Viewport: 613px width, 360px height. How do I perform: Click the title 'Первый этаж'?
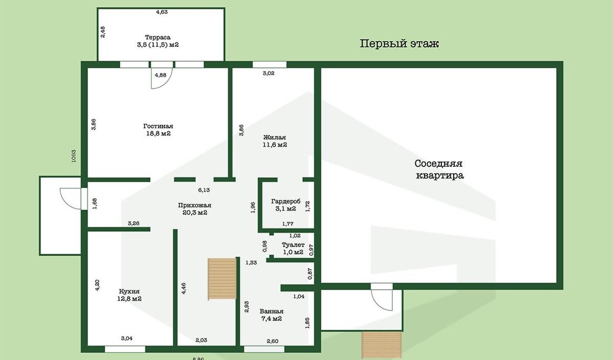(399, 43)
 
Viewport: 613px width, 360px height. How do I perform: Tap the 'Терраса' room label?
(158, 37)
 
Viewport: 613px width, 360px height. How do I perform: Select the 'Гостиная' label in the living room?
(158, 127)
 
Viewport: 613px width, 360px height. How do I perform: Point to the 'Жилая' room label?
(274, 138)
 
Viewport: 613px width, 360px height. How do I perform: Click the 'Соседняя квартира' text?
(439, 169)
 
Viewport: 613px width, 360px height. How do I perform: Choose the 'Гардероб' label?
(286, 202)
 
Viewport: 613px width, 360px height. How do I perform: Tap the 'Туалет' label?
(293, 245)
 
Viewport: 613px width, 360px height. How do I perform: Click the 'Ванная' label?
(271, 312)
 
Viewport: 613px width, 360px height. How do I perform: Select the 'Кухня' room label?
(129, 291)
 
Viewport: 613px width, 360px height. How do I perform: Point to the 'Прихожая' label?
(194, 205)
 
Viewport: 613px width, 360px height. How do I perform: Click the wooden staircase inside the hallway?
(222, 279)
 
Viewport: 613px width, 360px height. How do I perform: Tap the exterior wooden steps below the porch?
(382, 345)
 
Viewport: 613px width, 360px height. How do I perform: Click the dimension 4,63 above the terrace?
(162, 12)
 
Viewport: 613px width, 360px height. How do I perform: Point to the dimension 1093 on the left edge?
(74, 156)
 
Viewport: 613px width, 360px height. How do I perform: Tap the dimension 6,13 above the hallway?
(203, 191)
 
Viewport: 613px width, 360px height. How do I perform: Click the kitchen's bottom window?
(125, 349)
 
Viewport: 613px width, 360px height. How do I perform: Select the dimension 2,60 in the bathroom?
(273, 341)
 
